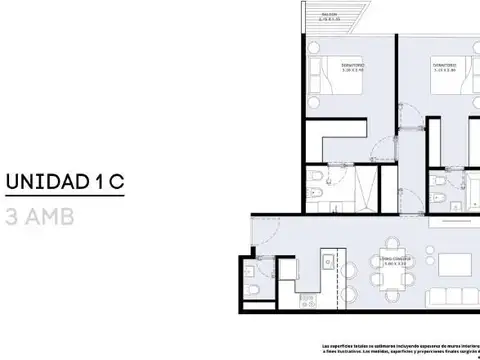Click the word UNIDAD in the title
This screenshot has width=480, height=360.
[x=47, y=183]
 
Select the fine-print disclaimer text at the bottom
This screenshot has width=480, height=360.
[x=400, y=349]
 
